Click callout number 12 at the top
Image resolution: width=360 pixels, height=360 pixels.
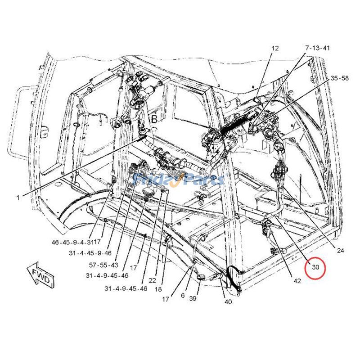[x=275, y=48]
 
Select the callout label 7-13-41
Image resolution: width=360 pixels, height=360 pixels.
[x=317, y=48]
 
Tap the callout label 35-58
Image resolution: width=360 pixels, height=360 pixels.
[x=340, y=78]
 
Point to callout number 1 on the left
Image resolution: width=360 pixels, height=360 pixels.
[x=18, y=197]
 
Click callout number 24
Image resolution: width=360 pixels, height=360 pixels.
[x=340, y=250]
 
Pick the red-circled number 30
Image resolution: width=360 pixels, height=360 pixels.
[x=315, y=267]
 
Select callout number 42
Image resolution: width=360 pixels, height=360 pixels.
[x=297, y=281]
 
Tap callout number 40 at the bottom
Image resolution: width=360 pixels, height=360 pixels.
[x=228, y=301]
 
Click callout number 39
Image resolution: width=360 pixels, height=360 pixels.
[x=193, y=298]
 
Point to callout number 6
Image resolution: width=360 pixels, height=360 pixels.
[x=183, y=295]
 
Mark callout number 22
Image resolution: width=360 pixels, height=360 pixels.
[x=153, y=280]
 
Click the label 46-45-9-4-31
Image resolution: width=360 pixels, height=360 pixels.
[x=73, y=242]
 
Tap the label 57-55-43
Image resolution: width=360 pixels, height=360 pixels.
[x=103, y=265]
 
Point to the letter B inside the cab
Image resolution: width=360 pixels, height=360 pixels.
[x=154, y=119]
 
